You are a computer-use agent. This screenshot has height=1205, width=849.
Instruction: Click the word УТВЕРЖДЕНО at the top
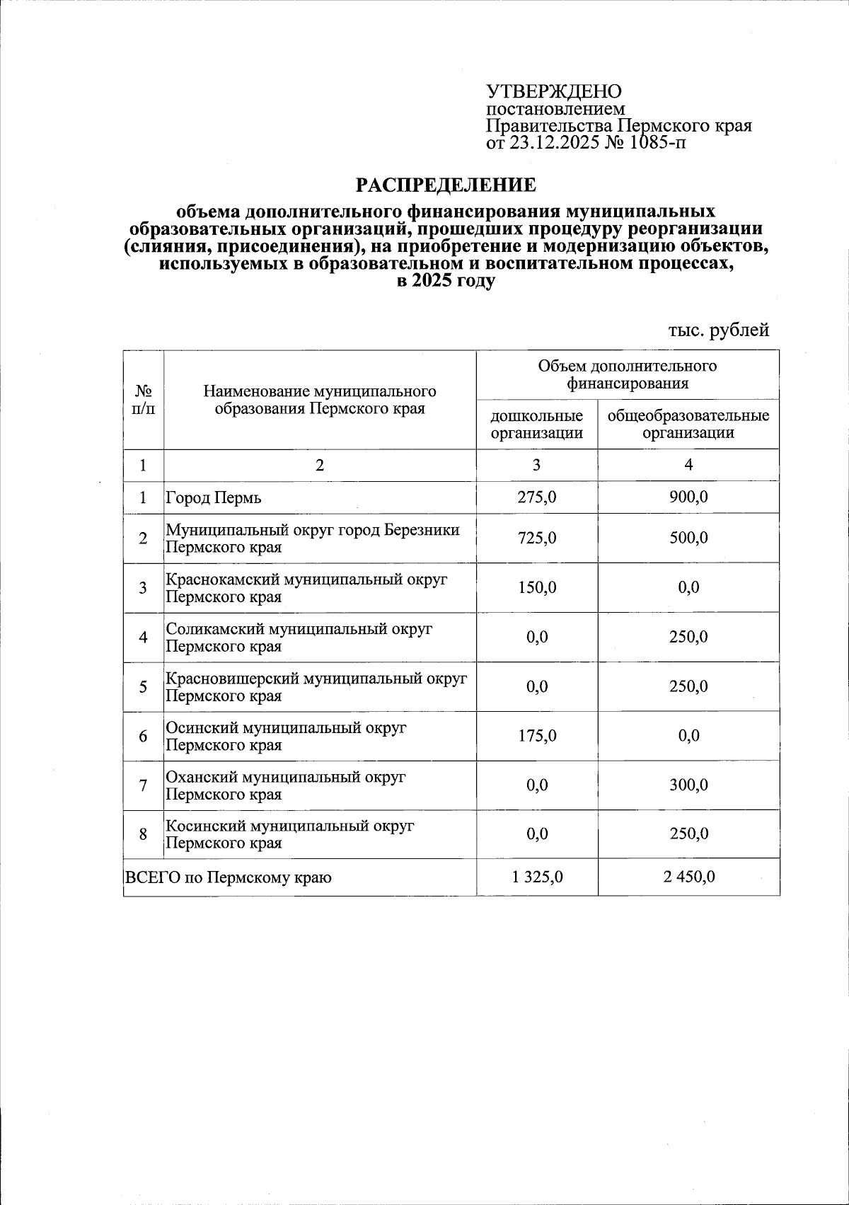pyautogui.click(x=553, y=92)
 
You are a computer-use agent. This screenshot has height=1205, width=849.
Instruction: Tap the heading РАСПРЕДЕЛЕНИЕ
pyautogui.click(x=446, y=185)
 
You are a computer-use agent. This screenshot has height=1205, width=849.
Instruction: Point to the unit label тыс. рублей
pyautogui.click(x=718, y=330)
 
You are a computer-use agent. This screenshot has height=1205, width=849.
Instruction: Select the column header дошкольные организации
pyautogui.click(x=537, y=425)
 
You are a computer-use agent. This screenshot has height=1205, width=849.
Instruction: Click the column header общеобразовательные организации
pyautogui.click(x=688, y=425)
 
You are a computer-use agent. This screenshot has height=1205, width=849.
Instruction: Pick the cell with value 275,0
pyautogui.click(x=537, y=497)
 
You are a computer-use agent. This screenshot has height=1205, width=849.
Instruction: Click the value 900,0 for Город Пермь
pyautogui.click(x=688, y=497)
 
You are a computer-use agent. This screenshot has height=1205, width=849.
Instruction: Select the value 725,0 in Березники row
pyautogui.click(x=537, y=538)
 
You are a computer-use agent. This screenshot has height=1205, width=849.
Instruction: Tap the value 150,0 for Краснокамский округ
pyautogui.click(x=537, y=588)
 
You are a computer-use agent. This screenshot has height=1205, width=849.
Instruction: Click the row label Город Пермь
pyautogui.click(x=214, y=498)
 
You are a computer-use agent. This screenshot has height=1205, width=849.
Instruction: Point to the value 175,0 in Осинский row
pyautogui.click(x=537, y=736)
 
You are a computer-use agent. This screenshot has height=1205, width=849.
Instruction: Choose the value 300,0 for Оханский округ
pyautogui.click(x=688, y=785)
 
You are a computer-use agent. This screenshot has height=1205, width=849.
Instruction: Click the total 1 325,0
pyautogui.click(x=537, y=877)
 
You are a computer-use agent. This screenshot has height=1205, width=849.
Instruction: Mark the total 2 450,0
pyautogui.click(x=688, y=877)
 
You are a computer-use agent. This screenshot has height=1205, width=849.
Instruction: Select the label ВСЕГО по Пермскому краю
pyautogui.click(x=228, y=878)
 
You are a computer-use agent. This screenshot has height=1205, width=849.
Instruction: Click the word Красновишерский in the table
pyautogui.click(x=232, y=679)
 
